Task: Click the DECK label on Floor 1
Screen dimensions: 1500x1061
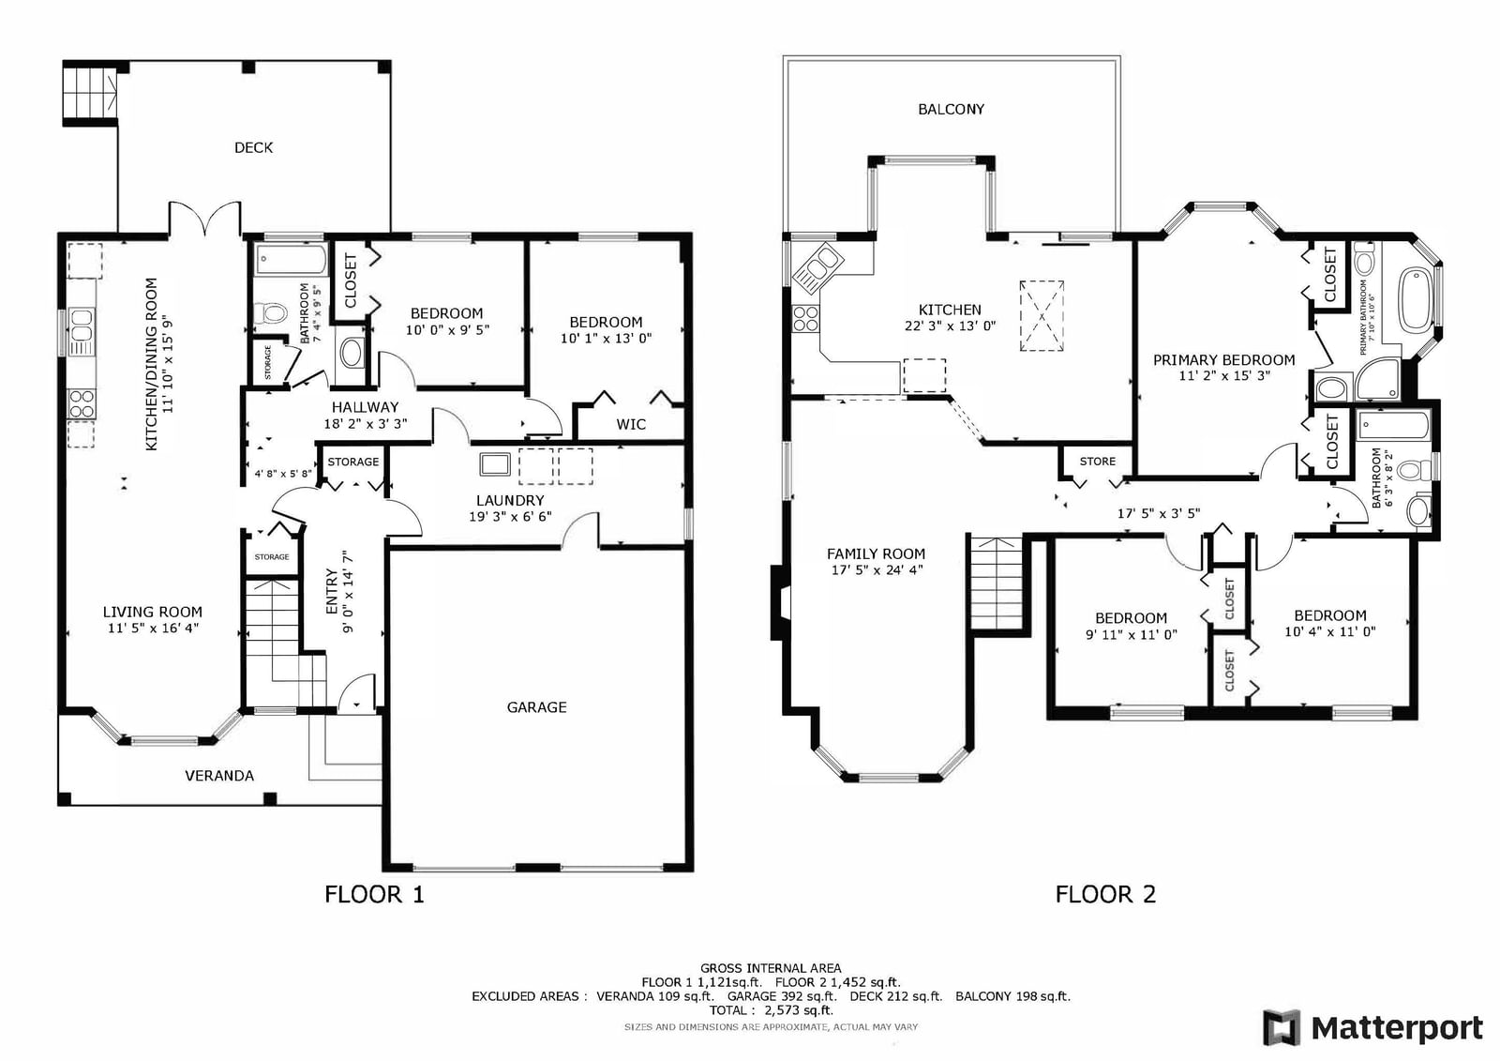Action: tap(253, 147)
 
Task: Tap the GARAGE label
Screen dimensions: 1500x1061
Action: tap(536, 707)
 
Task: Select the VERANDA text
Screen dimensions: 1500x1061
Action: tap(219, 776)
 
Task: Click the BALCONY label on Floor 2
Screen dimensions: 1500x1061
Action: tap(951, 109)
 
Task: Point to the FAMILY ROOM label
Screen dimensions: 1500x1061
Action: tap(876, 553)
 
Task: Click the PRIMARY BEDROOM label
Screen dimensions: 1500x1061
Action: tap(1223, 360)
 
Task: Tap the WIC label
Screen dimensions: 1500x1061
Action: tap(631, 424)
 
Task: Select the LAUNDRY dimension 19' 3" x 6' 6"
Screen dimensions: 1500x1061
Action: tap(510, 517)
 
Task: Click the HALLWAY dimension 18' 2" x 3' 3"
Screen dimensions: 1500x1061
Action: tap(365, 424)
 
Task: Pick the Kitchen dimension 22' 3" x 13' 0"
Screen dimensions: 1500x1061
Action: tap(950, 326)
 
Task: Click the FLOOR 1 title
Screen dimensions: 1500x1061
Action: tap(374, 894)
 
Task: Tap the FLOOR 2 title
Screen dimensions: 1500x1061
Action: tap(1105, 894)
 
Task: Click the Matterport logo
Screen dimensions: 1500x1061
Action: tap(1372, 1027)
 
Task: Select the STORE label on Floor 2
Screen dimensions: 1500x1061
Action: tap(1098, 462)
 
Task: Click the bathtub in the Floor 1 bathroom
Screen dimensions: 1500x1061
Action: tap(292, 259)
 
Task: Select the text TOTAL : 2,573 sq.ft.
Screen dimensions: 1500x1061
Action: tap(771, 1010)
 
